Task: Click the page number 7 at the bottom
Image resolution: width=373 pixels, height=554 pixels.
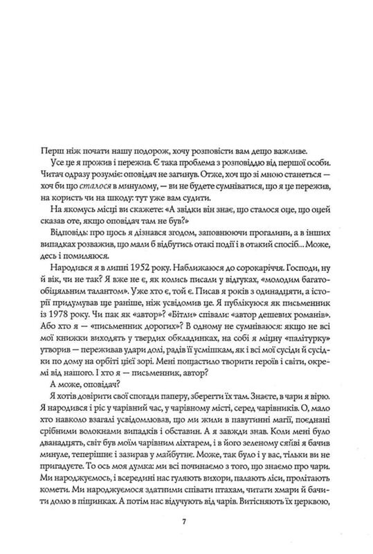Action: (185, 521)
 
